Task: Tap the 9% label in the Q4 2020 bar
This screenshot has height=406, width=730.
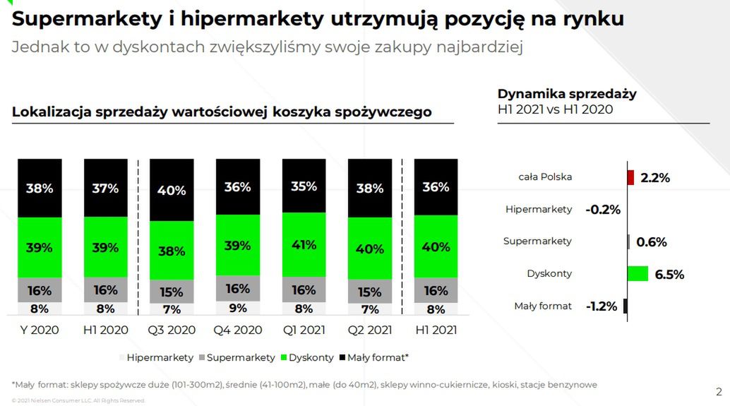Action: [237, 308]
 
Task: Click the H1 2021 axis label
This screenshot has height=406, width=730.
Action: [436, 330]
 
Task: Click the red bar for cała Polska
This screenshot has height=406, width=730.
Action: [630, 177]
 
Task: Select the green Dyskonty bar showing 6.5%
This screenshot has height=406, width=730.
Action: [638, 274]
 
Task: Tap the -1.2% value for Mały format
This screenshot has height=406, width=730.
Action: [601, 306]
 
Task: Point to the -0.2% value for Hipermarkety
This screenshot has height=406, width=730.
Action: [602, 209]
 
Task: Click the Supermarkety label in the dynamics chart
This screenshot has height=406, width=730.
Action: [537, 241]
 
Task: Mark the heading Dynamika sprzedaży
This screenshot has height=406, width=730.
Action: [567, 94]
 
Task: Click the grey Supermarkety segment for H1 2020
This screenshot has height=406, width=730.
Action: [105, 289]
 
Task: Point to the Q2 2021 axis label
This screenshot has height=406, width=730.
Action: [369, 330]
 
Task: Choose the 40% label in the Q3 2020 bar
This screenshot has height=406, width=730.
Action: [172, 191]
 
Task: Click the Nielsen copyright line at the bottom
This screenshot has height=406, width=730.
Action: [78, 400]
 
